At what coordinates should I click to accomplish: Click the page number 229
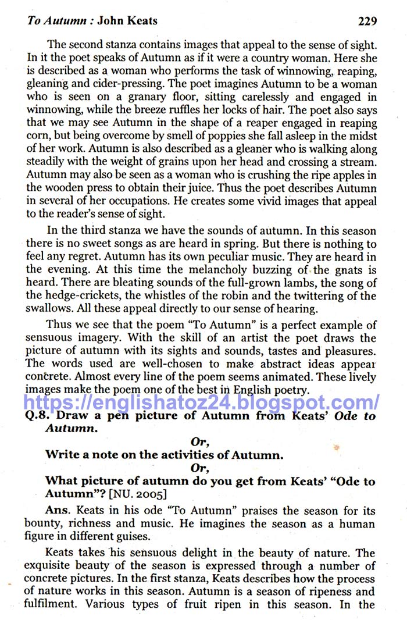coord(367,22)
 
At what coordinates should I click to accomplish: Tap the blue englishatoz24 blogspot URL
coord(202,402)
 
